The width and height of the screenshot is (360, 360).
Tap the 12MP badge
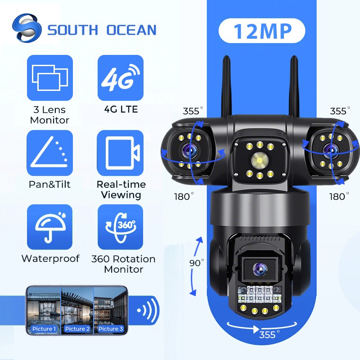[x=262, y=31]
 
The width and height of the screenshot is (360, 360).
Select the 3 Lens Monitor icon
[x=49, y=77]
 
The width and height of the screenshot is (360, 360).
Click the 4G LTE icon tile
[x=120, y=77]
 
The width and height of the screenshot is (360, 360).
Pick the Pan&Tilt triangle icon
[x=49, y=153]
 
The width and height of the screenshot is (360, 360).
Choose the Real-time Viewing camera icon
[x=120, y=153]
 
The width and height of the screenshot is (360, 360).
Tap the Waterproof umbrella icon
[x=49, y=227]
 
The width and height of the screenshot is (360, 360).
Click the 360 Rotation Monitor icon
[x=120, y=227]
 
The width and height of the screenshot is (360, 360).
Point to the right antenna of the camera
[x=295, y=85]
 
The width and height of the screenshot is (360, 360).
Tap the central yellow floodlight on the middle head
[x=258, y=159]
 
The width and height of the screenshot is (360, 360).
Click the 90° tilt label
[x=197, y=263]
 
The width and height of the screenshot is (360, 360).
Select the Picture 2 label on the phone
[x=77, y=328]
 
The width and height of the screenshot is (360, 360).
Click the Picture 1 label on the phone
[x=44, y=328]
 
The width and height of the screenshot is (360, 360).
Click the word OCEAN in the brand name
[x=131, y=30]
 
